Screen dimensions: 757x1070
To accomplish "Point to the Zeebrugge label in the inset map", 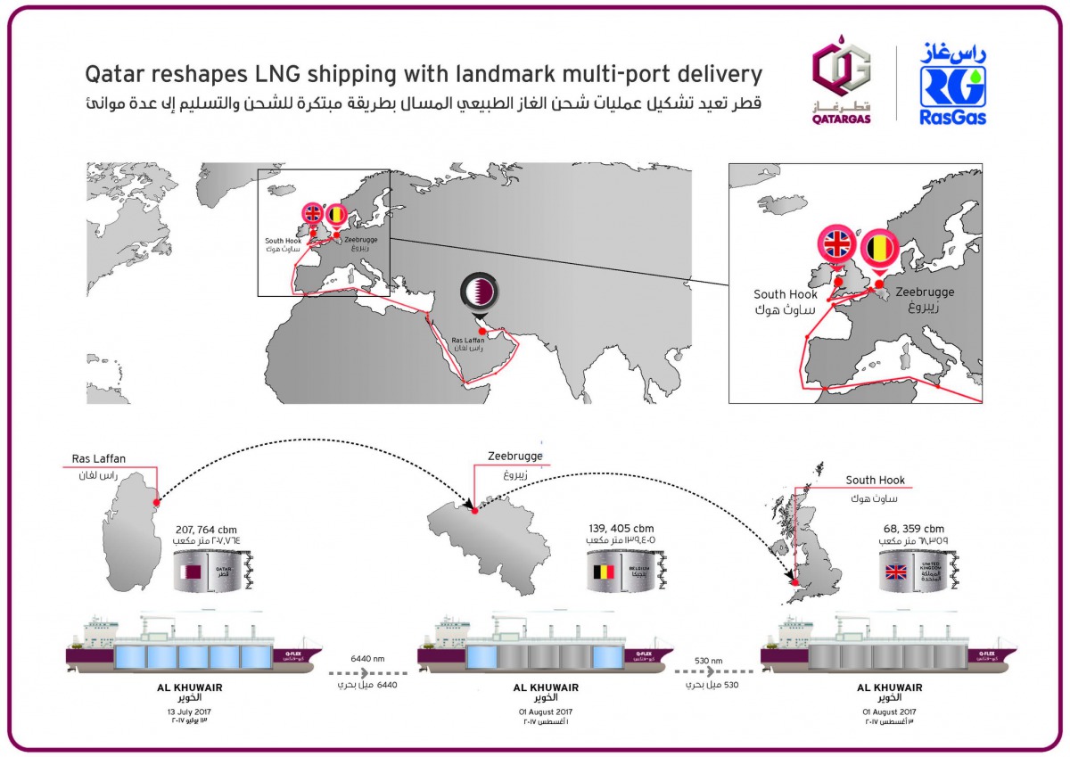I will tap(925, 292).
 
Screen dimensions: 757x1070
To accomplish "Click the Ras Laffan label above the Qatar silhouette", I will tap(99, 459).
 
